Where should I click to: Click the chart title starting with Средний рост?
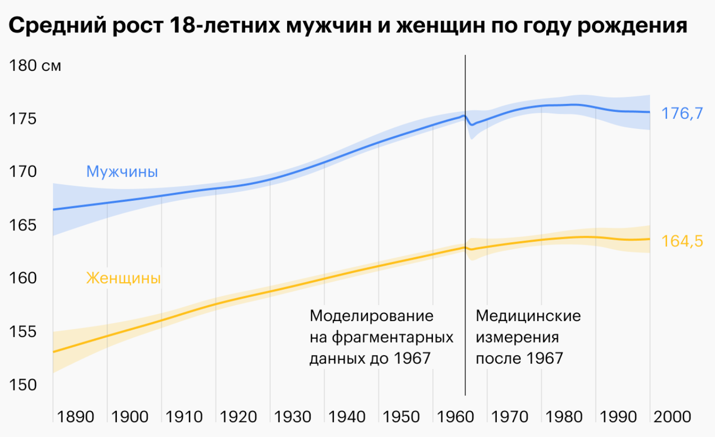(x=348, y=25)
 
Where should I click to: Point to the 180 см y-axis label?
(x=35, y=65)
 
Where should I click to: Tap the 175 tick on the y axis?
(x=23, y=118)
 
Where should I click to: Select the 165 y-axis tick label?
(x=23, y=225)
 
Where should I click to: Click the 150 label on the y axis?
(x=23, y=385)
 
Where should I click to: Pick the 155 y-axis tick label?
(x=23, y=331)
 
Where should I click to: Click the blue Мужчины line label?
(x=122, y=171)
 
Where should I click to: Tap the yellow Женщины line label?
(x=123, y=278)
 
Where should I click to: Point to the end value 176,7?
(x=682, y=113)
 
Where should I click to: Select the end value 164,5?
(x=682, y=241)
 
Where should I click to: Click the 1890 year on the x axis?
(x=75, y=417)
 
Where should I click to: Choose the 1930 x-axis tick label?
(x=293, y=417)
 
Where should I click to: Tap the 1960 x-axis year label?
(x=455, y=417)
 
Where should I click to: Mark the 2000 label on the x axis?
(x=672, y=417)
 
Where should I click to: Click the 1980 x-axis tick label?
(x=564, y=417)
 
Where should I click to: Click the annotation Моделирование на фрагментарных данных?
(x=381, y=337)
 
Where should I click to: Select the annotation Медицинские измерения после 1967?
(x=528, y=337)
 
